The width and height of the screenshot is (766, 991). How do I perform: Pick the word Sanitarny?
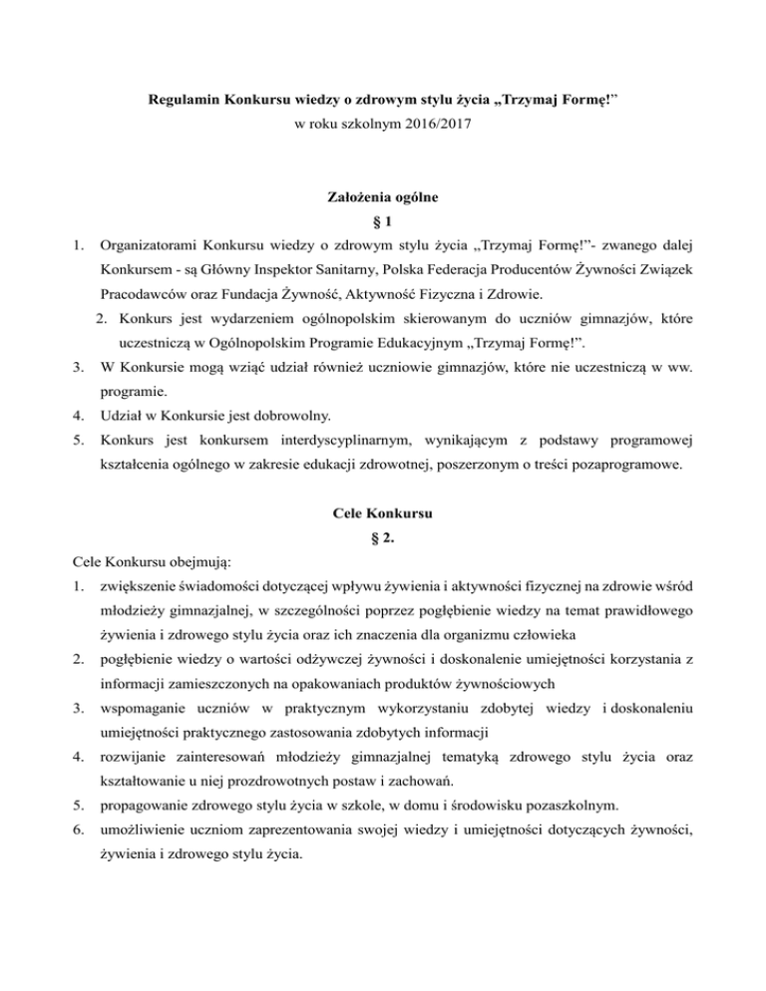tap(324, 269)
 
